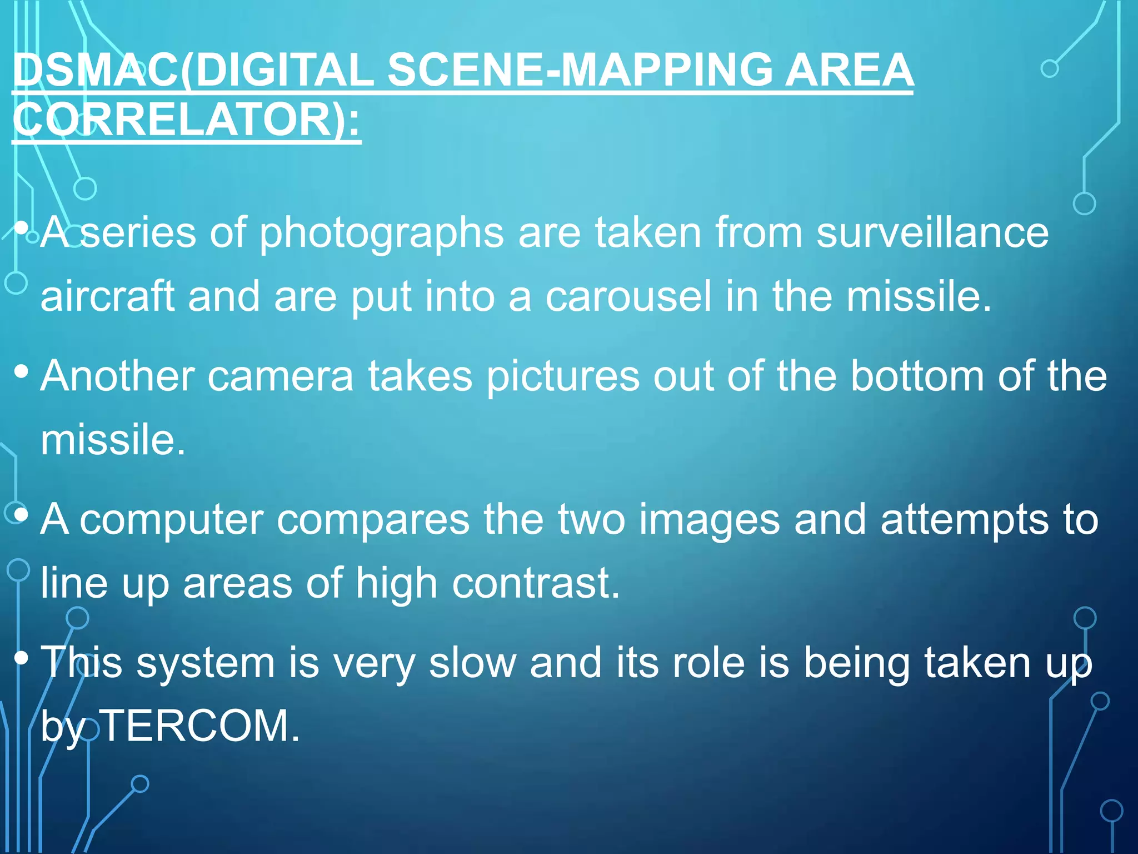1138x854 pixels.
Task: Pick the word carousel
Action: (628, 296)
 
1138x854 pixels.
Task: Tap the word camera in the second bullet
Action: (280, 376)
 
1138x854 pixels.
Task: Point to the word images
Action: (709, 520)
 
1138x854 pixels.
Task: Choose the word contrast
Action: (536, 584)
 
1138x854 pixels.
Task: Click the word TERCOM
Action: (201, 726)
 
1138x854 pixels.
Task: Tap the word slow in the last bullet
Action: (472, 663)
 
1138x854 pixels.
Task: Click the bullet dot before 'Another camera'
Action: (22, 371)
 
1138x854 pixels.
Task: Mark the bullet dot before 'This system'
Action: (22, 658)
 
